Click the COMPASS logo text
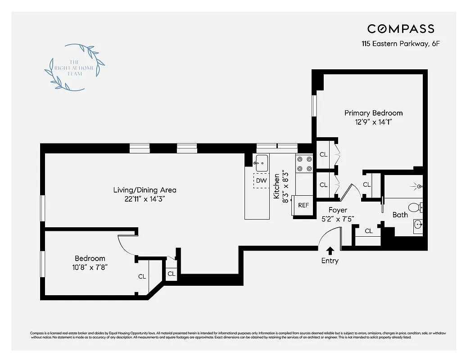click(401, 29)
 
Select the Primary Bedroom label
click(373, 113)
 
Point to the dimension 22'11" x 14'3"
click(145, 199)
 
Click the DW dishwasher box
click(261, 180)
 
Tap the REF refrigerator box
click(303, 205)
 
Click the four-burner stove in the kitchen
click(304, 164)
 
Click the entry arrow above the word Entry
click(330, 251)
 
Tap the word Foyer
click(337, 210)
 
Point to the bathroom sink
click(417, 224)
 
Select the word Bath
click(400, 215)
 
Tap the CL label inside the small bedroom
click(142, 276)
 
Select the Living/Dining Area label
click(145, 190)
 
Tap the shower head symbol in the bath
click(418, 186)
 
